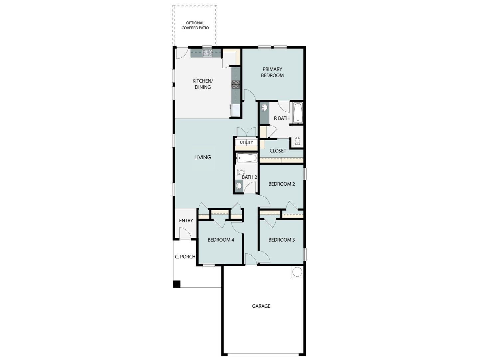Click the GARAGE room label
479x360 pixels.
click(261, 306)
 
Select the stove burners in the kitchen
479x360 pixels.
click(236, 84)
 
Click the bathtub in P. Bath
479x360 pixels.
click(298, 113)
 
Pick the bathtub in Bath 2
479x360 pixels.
click(246, 158)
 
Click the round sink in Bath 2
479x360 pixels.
click(239, 186)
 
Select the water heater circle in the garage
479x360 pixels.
click(297, 272)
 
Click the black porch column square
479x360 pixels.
click(177, 284)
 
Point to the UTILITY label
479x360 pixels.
click(246, 143)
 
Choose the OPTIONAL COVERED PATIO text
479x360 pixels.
click(195, 26)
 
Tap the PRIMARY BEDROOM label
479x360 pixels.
click(272, 72)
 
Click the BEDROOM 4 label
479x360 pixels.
click(221, 240)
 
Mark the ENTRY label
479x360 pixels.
click(186, 221)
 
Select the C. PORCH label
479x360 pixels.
click(185, 257)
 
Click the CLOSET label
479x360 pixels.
click(278, 151)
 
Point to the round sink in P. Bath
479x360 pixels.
click(265, 108)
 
